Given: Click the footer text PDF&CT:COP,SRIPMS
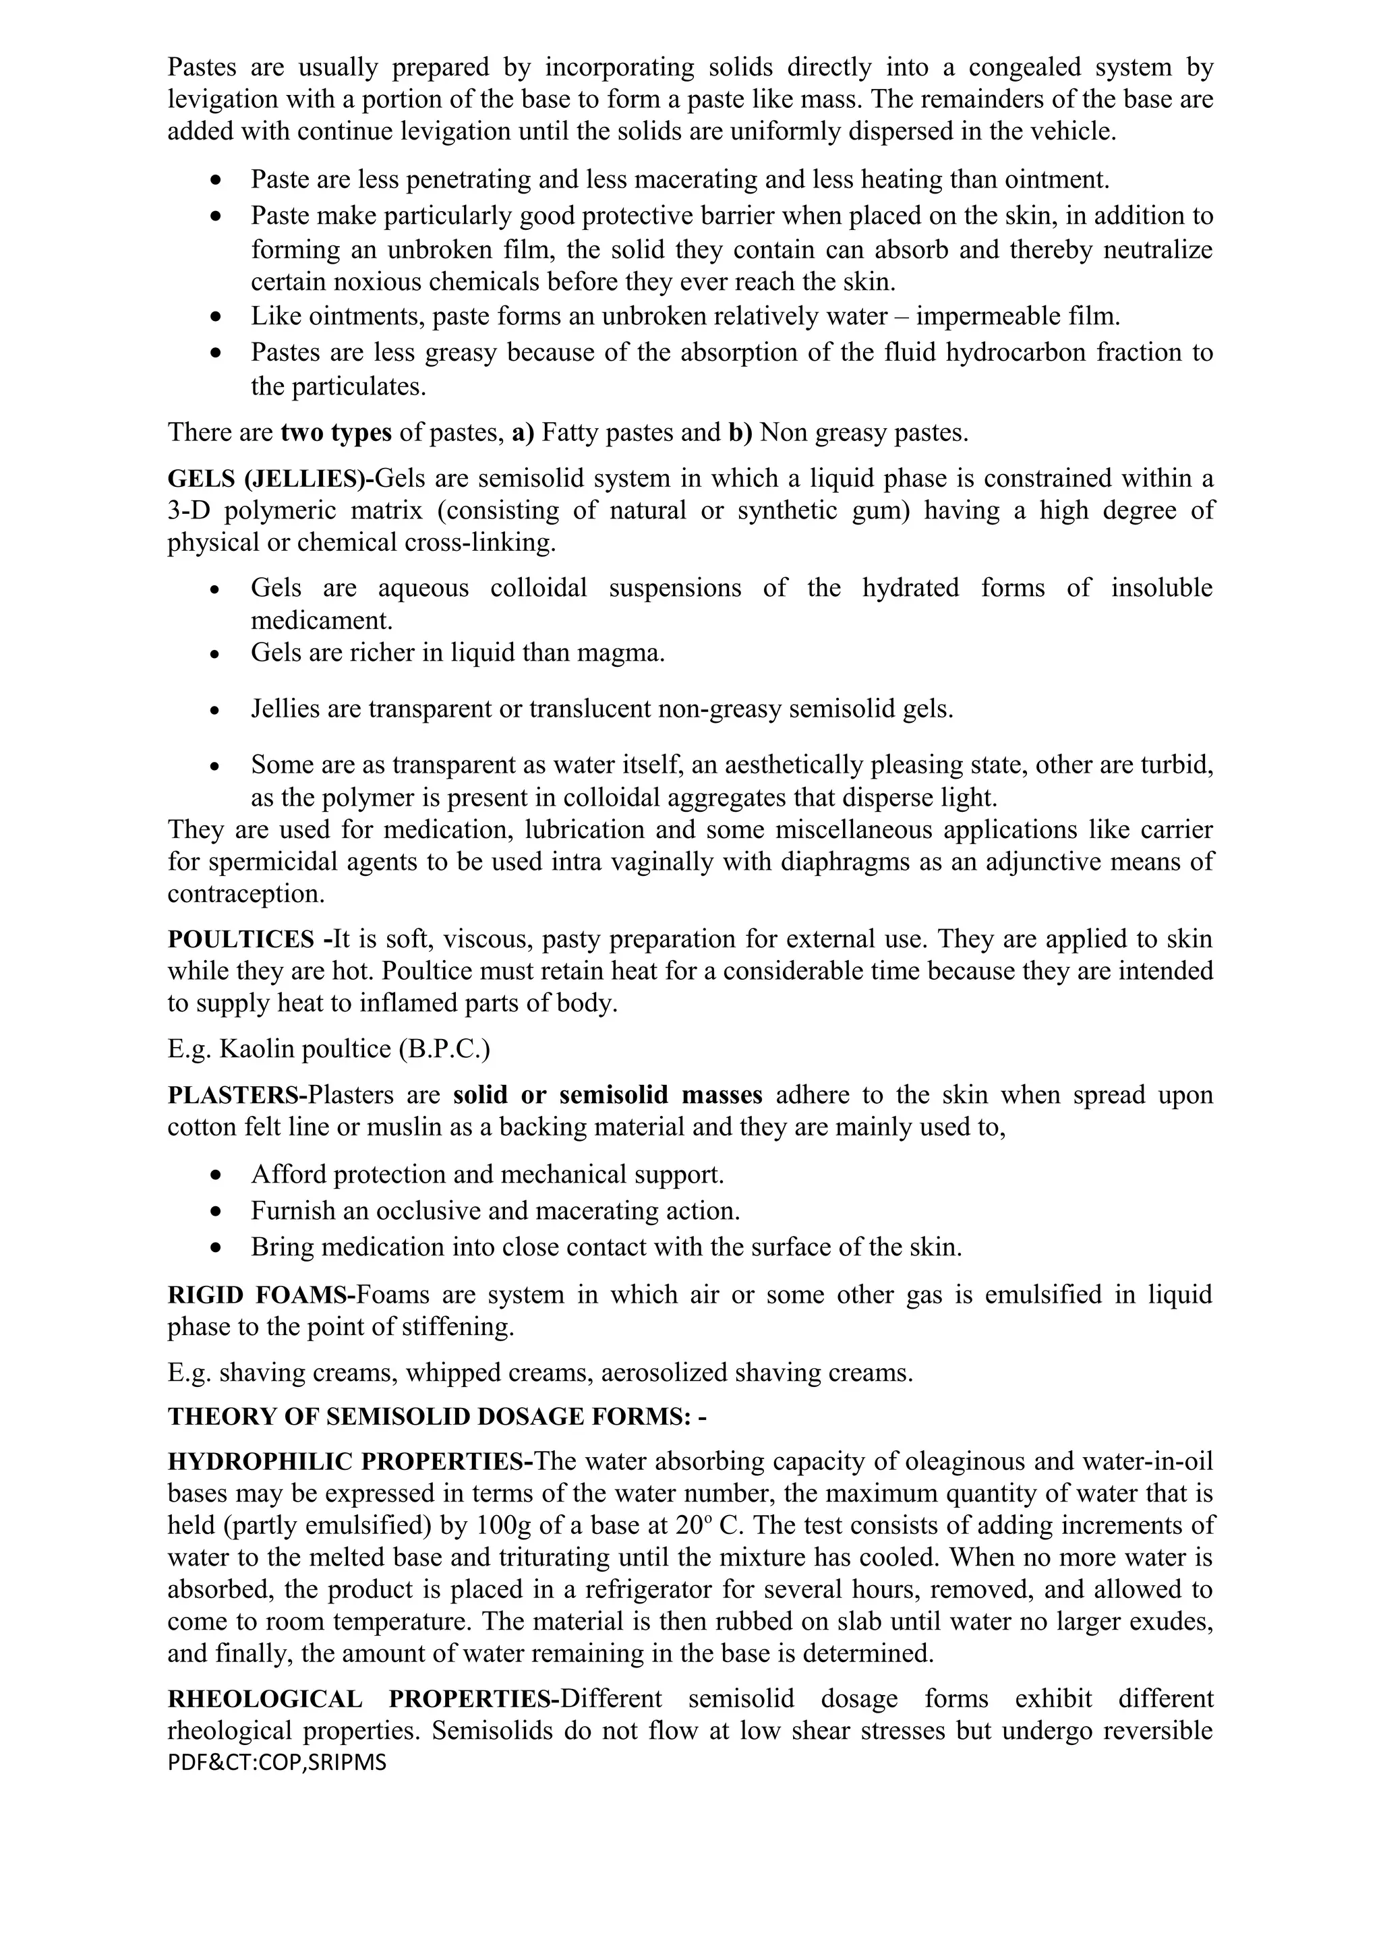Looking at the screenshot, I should [x=276, y=1763].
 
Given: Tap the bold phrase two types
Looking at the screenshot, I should [x=336, y=432].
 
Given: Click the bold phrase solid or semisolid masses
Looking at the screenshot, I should [x=608, y=1094].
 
